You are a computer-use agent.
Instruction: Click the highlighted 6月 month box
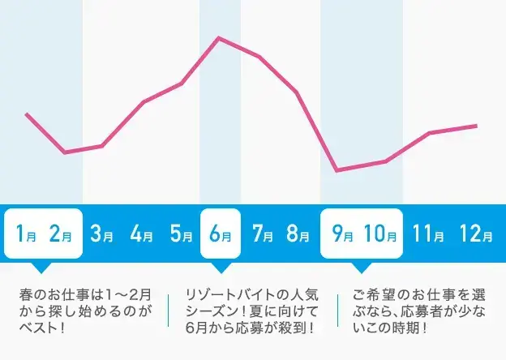(x=221, y=234)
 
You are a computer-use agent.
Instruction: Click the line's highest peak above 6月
(x=218, y=37)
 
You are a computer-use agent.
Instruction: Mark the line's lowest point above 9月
(x=337, y=170)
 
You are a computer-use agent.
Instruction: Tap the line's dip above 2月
(x=65, y=152)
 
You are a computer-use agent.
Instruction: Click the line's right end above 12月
(x=476, y=126)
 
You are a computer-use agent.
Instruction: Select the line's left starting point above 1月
(x=27, y=114)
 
